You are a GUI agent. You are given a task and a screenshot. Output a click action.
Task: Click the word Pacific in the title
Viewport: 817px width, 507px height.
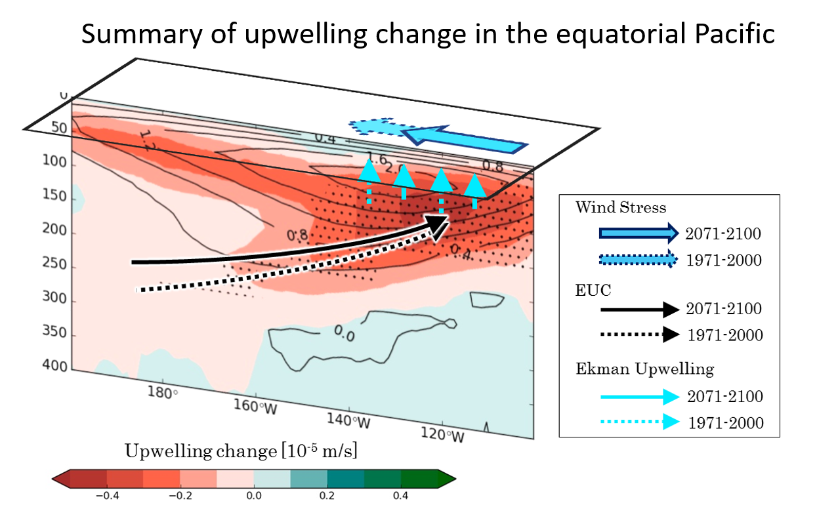(734, 34)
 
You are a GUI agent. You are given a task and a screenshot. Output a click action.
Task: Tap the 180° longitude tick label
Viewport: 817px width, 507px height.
(163, 393)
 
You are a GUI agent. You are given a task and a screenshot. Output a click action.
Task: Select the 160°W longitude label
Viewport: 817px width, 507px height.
(255, 407)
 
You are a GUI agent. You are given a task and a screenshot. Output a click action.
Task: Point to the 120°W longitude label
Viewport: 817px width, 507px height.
(442, 434)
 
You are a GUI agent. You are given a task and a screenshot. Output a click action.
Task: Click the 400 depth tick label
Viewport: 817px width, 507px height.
(55, 365)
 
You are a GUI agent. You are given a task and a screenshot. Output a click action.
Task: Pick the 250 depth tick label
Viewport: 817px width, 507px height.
(54, 264)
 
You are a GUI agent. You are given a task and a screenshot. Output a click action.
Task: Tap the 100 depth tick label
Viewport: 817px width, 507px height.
(54, 161)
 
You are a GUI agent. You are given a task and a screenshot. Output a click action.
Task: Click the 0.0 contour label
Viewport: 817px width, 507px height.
(344, 333)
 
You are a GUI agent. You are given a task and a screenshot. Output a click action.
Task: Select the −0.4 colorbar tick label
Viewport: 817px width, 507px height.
(107, 496)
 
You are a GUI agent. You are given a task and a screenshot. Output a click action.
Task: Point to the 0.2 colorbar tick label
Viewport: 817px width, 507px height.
(327, 496)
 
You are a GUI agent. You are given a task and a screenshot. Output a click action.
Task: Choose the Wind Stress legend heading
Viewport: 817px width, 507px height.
(621, 207)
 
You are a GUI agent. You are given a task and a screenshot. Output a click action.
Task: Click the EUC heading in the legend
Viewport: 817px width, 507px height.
(593, 291)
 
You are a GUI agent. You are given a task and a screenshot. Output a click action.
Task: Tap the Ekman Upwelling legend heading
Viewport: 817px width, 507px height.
(645, 369)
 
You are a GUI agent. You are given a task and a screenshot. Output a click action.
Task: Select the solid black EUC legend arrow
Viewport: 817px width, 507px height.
(640, 310)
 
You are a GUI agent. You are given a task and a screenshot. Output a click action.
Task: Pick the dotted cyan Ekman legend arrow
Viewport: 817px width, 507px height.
(640, 422)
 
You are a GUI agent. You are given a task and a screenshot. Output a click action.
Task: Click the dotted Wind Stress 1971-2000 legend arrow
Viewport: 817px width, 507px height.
(639, 259)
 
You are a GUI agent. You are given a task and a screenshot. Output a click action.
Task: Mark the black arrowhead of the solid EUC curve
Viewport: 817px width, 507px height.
(438, 224)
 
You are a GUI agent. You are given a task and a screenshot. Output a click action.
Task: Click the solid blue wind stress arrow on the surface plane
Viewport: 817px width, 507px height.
(465, 140)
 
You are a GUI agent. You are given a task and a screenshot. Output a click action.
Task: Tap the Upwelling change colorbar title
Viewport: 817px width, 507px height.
(241, 451)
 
